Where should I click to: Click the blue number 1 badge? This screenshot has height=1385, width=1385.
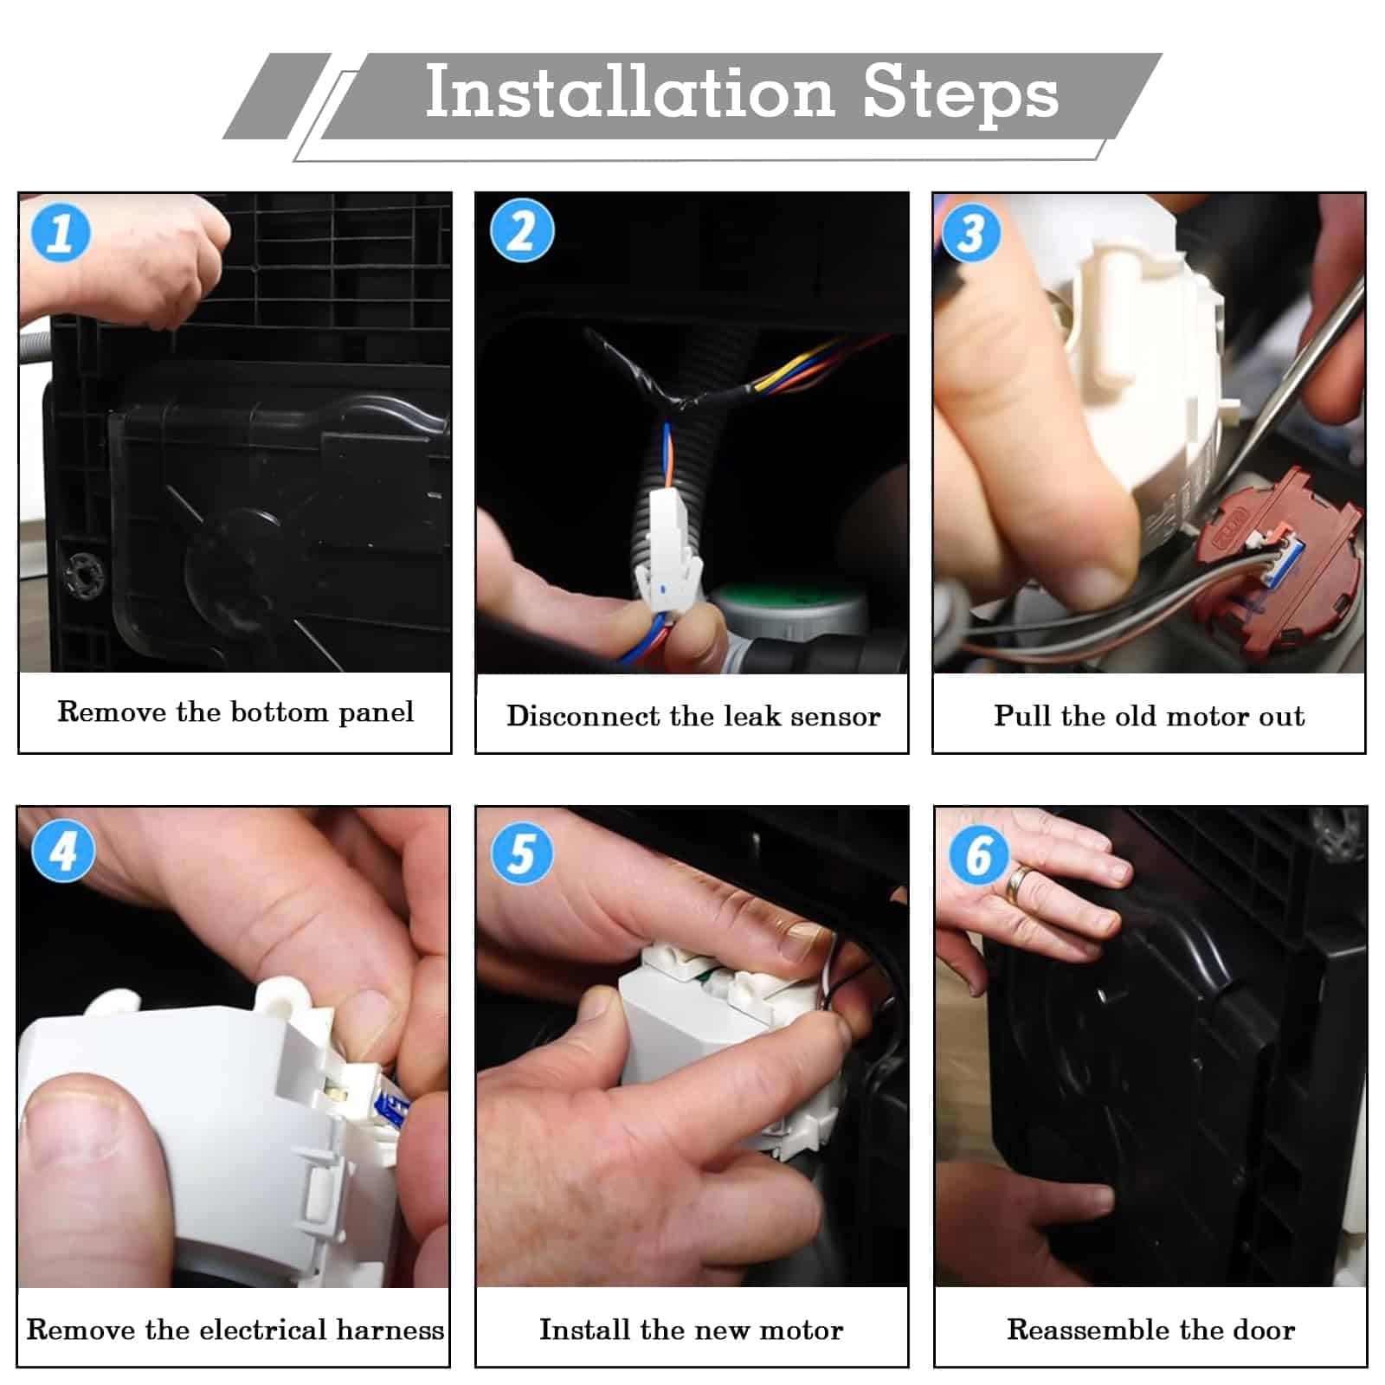click(x=61, y=232)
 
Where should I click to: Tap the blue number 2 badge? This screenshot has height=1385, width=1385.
click(x=522, y=230)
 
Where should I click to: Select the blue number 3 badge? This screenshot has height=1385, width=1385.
click(x=971, y=232)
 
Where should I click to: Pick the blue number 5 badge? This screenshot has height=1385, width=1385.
click(x=522, y=853)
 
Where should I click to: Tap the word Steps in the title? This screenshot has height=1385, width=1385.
click(x=961, y=95)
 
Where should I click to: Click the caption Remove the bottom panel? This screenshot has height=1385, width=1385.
click(x=235, y=712)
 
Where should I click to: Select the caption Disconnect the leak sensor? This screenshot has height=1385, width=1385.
click(x=693, y=716)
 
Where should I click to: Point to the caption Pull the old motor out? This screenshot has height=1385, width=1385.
click(x=1149, y=716)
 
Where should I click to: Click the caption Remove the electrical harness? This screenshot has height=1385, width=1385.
click(x=235, y=1330)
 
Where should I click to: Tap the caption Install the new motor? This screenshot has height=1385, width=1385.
click(x=691, y=1330)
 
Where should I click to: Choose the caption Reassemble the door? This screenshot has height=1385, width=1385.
click(x=1150, y=1330)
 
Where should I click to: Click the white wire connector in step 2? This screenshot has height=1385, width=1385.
click(x=668, y=545)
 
